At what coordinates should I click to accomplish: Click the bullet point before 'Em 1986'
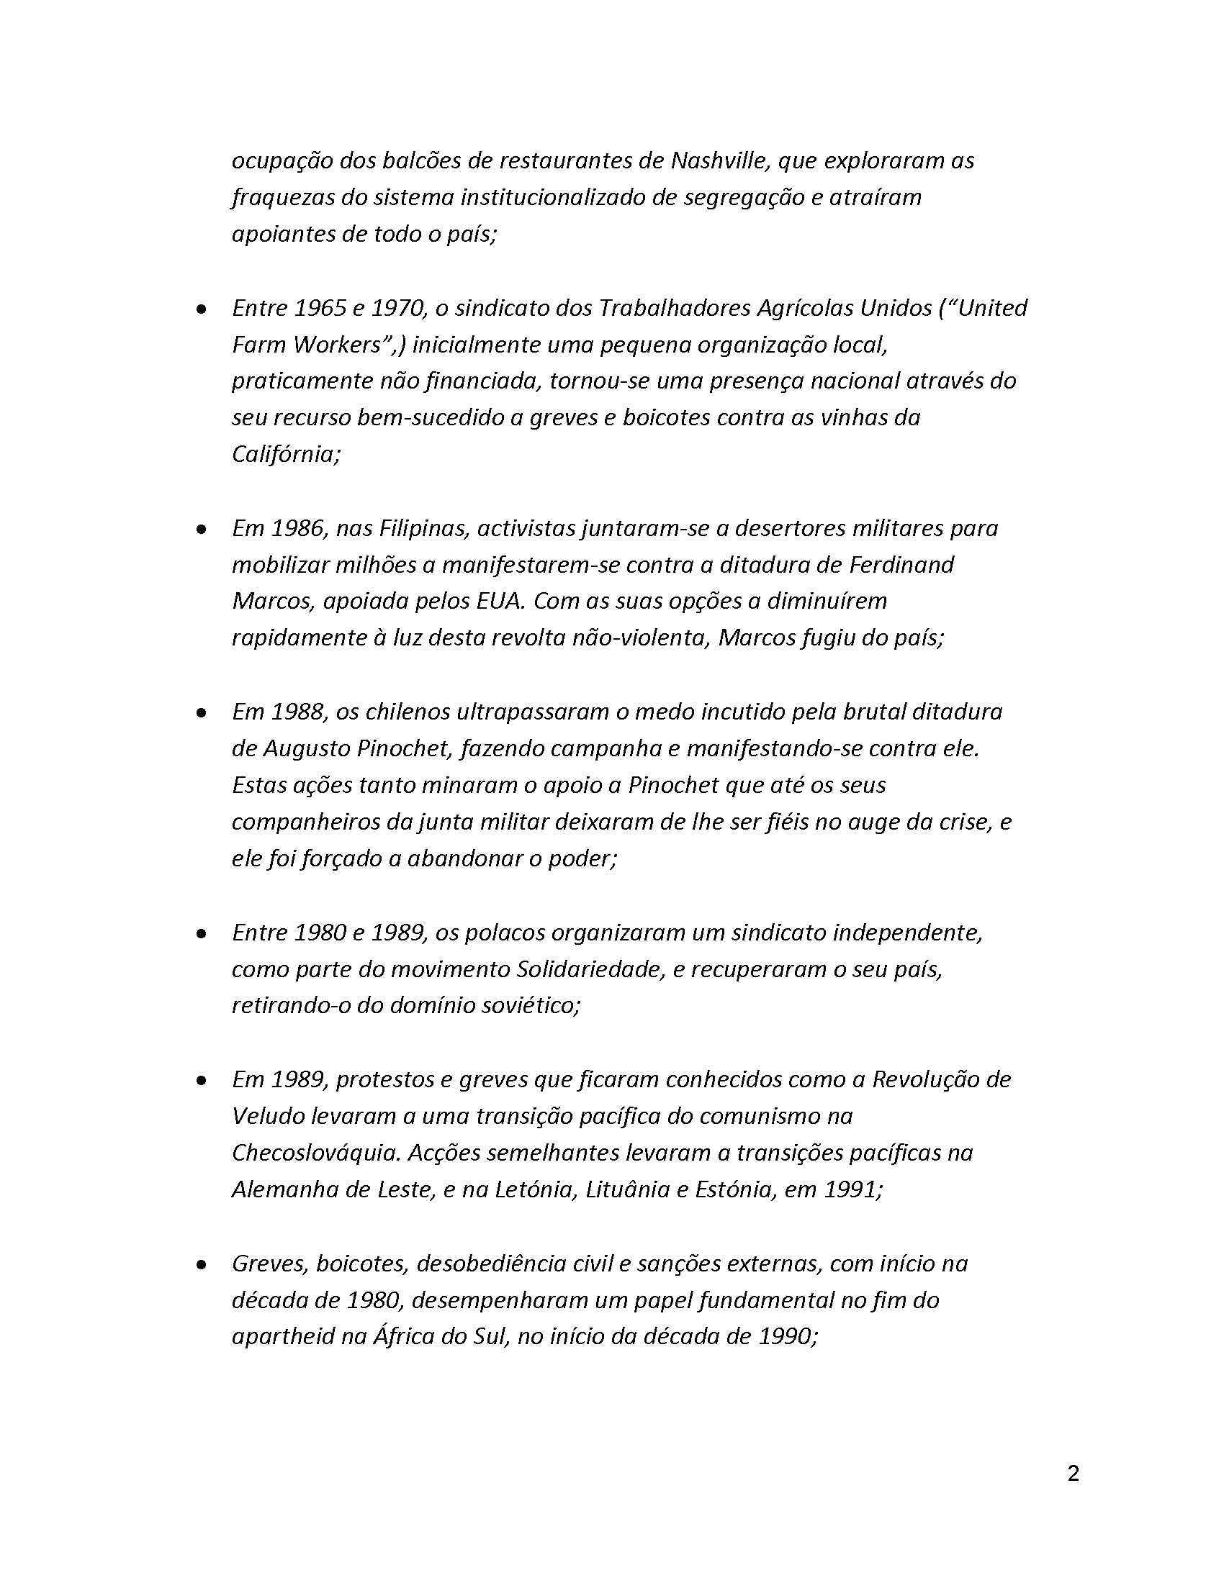pos(201,530)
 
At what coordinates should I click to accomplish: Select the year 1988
pos(300,712)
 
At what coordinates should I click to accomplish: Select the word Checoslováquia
pos(315,1153)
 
